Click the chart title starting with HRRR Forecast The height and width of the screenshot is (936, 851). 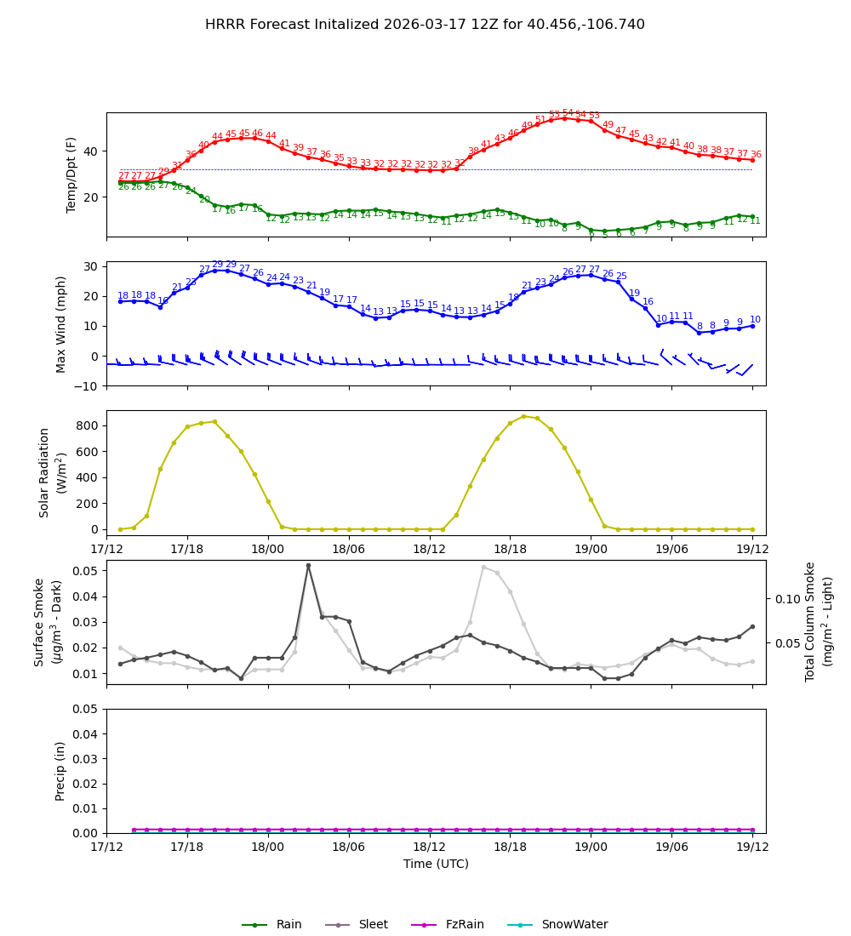click(x=425, y=25)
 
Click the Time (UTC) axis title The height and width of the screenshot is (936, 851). click(x=436, y=864)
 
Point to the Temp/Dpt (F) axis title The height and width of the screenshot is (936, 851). click(x=71, y=174)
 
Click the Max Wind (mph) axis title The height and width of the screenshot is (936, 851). click(x=61, y=323)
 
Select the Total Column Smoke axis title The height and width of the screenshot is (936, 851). click(x=819, y=621)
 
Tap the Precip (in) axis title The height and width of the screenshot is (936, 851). click(x=61, y=771)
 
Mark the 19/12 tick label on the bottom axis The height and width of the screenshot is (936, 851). click(x=751, y=848)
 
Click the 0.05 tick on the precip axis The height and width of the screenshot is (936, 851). click(x=86, y=709)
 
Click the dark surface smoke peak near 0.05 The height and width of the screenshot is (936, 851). click(x=308, y=566)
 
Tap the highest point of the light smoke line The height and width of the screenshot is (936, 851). click(x=483, y=567)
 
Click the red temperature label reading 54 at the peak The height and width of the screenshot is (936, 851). click(x=568, y=113)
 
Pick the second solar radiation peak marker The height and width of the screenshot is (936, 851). click(x=523, y=416)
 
